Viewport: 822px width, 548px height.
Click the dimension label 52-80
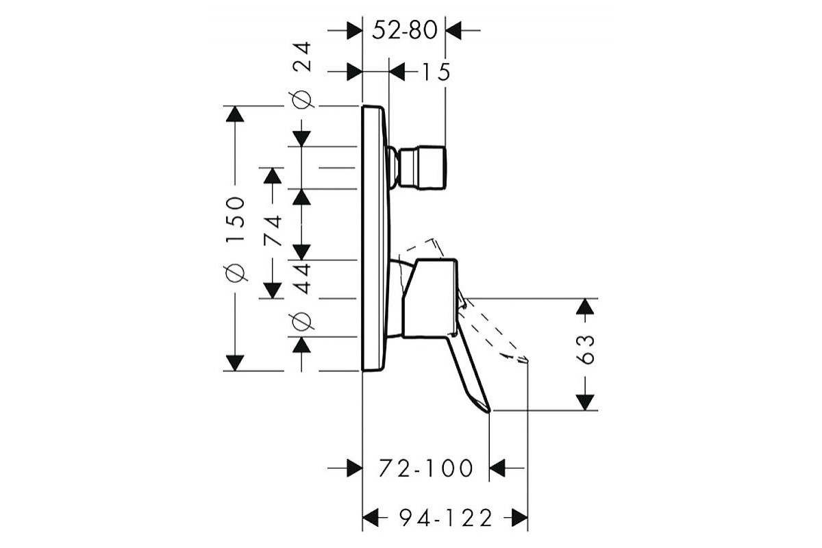pos(404,29)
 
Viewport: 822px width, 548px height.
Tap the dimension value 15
pos(436,72)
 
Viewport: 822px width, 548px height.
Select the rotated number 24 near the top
pos(301,57)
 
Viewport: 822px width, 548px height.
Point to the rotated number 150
pos(235,219)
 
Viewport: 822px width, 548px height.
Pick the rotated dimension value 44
pos(302,279)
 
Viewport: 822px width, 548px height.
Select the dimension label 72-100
pos(425,468)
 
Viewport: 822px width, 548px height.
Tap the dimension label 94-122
pos(445,518)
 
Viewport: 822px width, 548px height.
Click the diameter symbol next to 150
pos(235,273)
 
